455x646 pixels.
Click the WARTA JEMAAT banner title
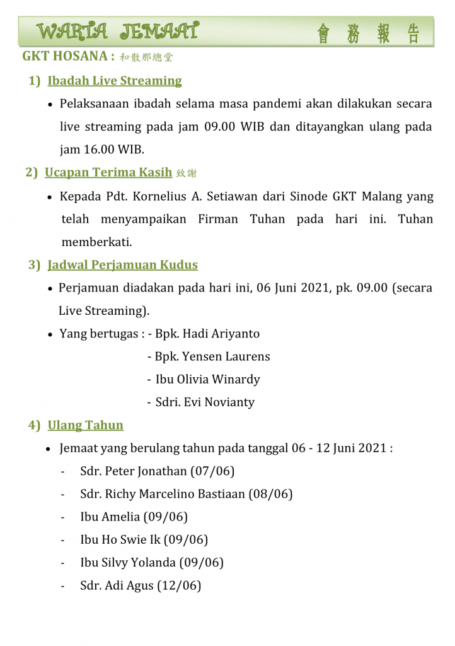(x=118, y=31)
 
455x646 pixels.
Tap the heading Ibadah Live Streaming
(x=115, y=81)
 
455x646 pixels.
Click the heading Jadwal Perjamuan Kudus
(x=123, y=265)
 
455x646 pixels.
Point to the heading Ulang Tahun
(x=86, y=425)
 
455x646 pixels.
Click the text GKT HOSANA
(x=65, y=56)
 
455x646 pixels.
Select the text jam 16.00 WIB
(x=101, y=150)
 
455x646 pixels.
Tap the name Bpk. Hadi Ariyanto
(x=207, y=334)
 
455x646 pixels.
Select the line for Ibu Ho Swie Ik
(x=144, y=540)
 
